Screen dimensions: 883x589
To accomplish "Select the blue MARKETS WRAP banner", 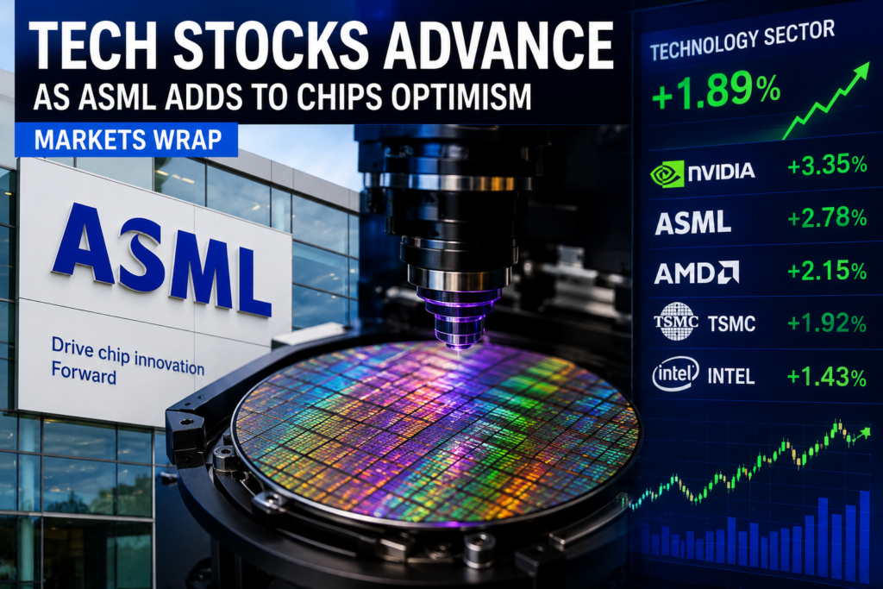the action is click(127, 140).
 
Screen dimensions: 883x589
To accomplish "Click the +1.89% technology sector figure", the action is click(716, 91).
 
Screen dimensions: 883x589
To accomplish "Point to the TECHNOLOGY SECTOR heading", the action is click(742, 40).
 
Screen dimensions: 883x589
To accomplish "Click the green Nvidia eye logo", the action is click(667, 173).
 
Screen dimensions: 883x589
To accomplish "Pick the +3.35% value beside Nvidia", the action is click(827, 165).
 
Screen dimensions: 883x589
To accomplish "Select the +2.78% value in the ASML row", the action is click(827, 217).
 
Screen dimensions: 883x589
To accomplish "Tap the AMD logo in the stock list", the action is click(696, 273).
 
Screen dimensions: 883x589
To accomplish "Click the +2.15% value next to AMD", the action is click(827, 271).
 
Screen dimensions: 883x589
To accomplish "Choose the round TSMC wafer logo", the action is click(676, 322).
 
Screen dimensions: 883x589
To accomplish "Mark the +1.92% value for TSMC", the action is click(827, 323).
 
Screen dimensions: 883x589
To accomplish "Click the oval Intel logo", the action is click(676, 374).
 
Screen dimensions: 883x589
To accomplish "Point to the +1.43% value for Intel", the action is click(827, 377).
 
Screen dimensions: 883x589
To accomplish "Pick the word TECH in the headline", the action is click(91, 46).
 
